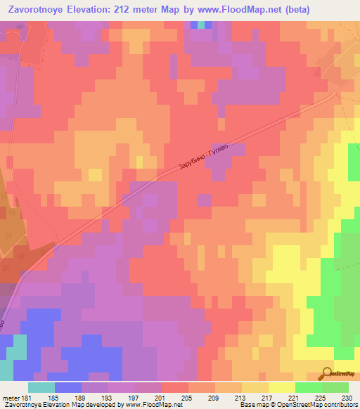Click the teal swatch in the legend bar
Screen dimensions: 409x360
tap(41, 387)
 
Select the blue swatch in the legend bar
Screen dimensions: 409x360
tap(68, 387)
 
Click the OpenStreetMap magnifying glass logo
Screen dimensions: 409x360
tap(327, 374)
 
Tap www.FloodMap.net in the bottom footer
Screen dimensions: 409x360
tap(149, 405)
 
